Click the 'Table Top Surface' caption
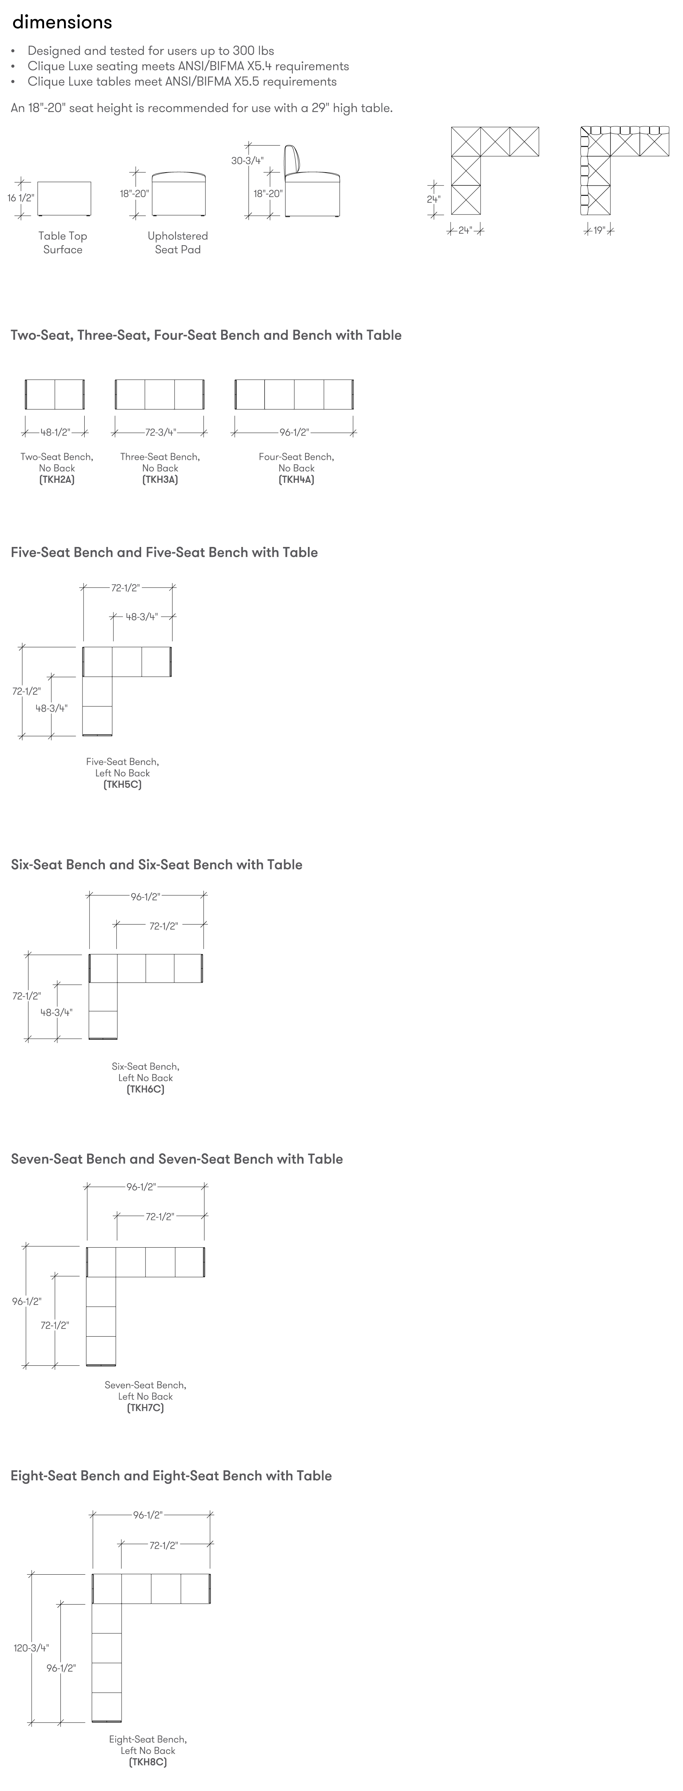[x=63, y=243]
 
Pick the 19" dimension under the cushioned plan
[x=599, y=230]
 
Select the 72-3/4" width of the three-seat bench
[x=160, y=432]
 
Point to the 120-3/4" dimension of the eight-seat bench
[x=31, y=1648]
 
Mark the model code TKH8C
[x=147, y=1762]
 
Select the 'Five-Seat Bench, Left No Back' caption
[x=122, y=768]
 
